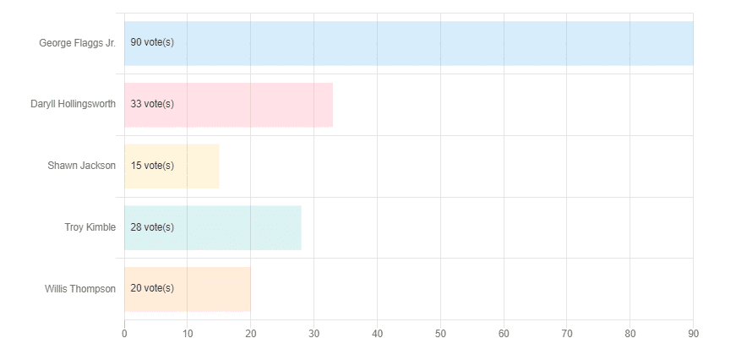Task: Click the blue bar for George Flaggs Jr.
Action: click(x=408, y=43)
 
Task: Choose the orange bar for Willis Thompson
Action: click(x=212, y=289)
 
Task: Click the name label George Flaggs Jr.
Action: click(x=77, y=43)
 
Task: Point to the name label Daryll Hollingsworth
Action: click(x=73, y=105)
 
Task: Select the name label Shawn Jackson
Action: click(x=82, y=166)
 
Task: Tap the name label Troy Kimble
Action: click(x=90, y=228)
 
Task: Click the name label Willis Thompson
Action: click(x=80, y=289)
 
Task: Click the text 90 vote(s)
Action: click(x=152, y=43)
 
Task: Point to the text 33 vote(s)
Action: click(x=152, y=105)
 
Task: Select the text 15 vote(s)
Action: click(x=152, y=166)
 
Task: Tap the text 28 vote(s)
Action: click(x=152, y=228)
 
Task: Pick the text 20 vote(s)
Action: click(x=152, y=289)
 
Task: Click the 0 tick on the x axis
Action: click(x=124, y=334)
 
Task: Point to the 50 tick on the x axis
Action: click(x=440, y=334)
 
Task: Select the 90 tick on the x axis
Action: click(x=693, y=334)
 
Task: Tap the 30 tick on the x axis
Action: click(x=313, y=334)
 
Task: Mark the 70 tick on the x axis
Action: click(x=566, y=334)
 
